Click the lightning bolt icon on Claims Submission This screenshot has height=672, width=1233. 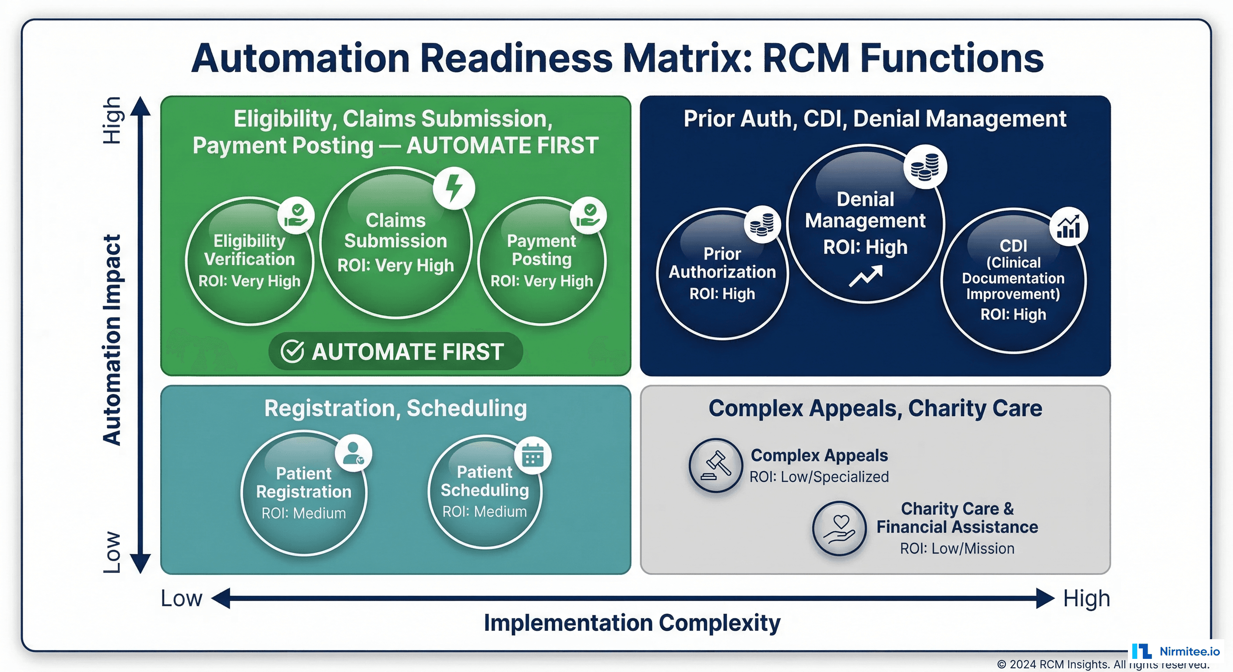(x=454, y=188)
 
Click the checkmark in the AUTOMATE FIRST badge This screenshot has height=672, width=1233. (x=292, y=352)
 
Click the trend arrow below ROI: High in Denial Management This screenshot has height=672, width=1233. (x=865, y=276)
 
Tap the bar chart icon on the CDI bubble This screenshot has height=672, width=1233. (x=1068, y=227)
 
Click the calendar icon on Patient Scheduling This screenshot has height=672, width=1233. (x=533, y=455)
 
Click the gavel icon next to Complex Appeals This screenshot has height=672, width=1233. (x=715, y=465)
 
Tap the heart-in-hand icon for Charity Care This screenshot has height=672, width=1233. (x=839, y=528)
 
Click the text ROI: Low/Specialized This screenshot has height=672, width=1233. (x=818, y=477)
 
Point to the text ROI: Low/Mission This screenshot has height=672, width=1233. (x=957, y=548)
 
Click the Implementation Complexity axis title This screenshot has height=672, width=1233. (x=632, y=623)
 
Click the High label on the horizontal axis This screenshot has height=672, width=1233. (x=1086, y=598)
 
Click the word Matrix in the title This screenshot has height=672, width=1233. (x=687, y=58)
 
